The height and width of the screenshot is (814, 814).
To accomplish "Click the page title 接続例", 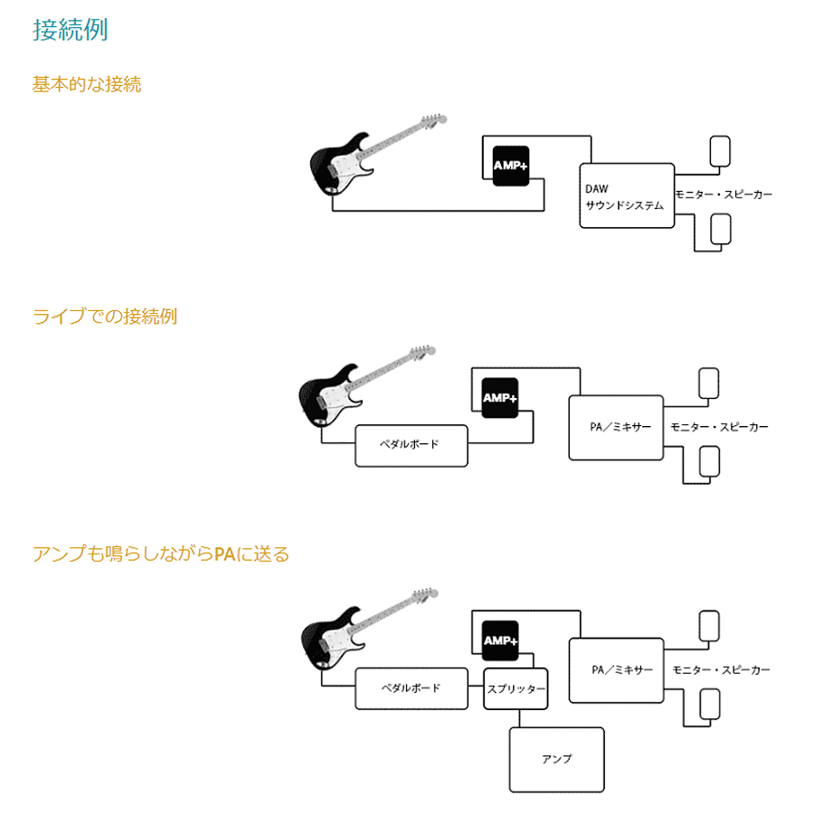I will click(x=71, y=30).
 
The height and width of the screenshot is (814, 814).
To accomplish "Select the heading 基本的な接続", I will click(x=87, y=85).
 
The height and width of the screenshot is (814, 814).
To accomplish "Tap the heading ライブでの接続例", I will click(x=105, y=317).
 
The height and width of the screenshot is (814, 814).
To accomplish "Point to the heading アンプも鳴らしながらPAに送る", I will click(x=161, y=554).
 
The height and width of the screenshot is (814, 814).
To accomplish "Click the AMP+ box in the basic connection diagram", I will click(x=510, y=166).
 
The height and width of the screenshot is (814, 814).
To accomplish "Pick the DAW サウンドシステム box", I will click(x=626, y=196).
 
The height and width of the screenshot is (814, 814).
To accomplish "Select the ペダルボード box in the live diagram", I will click(x=412, y=446).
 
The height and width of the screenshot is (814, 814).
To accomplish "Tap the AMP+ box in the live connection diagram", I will click(x=499, y=398).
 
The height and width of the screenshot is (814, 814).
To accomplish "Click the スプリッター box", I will click(x=516, y=689).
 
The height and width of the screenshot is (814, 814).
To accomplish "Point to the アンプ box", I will click(x=556, y=759).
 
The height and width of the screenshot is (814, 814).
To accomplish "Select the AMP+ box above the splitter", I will click(x=500, y=641).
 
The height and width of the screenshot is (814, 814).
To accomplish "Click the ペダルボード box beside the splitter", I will click(x=412, y=688).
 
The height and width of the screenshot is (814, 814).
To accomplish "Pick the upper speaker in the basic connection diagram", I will click(x=721, y=150).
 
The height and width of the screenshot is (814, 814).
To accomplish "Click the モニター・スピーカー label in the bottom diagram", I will click(x=721, y=670).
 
